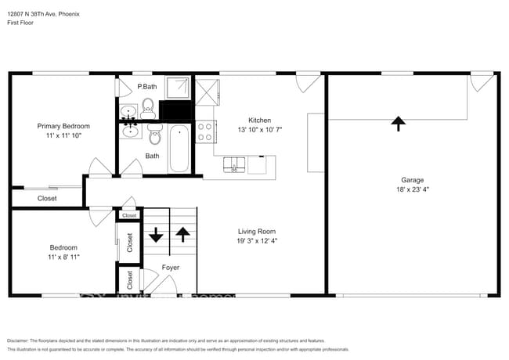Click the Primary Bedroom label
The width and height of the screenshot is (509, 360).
pyautogui.click(x=63, y=126)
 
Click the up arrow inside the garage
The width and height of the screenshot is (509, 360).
pyautogui.click(x=399, y=123)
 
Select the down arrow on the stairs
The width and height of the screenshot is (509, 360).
pyautogui.click(x=155, y=234)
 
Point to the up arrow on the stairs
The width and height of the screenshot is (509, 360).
pyautogui.click(x=182, y=234)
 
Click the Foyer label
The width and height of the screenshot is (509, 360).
pyautogui.click(x=170, y=268)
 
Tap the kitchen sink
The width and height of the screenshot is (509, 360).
pyautogui.click(x=234, y=164)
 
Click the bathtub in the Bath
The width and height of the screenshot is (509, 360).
pyautogui.click(x=179, y=148)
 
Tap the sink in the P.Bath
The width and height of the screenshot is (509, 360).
pyautogui.click(x=128, y=112)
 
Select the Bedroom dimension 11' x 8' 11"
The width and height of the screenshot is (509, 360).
pyautogui.click(x=63, y=257)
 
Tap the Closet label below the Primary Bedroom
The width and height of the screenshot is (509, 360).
pyautogui.click(x=47, y=198)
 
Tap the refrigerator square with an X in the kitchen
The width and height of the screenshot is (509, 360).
pyautogui.click(x=208, y=92)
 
